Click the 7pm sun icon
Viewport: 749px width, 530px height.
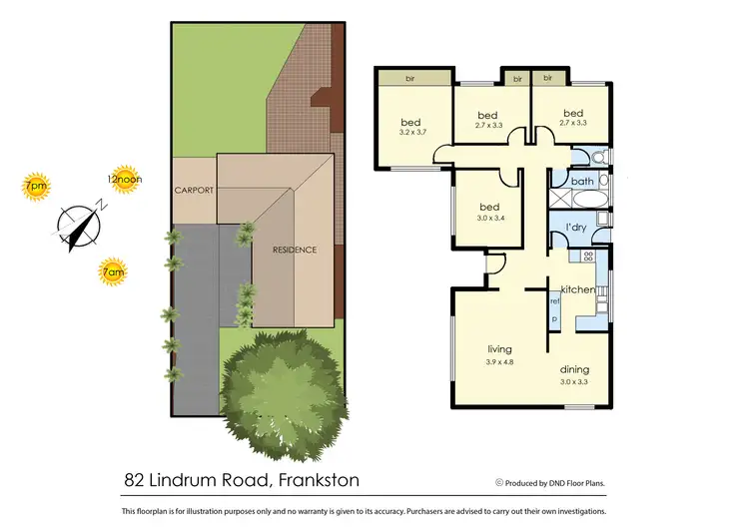[x=36, y=187]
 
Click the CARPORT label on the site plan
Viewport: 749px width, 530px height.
[x=195, y=190]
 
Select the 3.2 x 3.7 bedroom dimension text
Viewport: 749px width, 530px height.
[x=412, y=132]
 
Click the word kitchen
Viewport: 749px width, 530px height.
[x=577, y=289]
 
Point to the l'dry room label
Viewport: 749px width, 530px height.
[x=575, y=229]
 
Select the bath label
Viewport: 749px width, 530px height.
[x=582, y=182]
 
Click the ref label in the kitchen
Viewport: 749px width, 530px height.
[x=554, y=300]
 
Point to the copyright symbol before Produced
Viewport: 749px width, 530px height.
[x=498, y=481]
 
